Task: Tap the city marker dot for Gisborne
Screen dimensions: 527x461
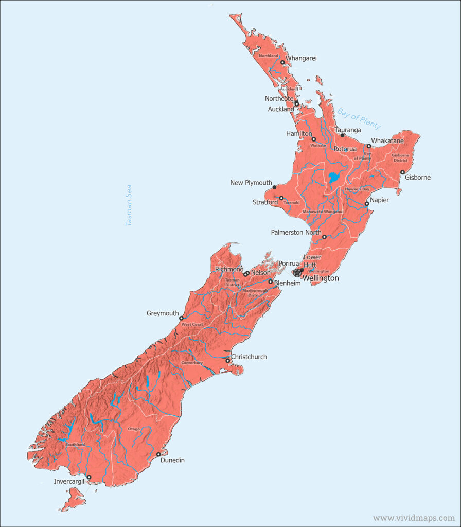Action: click(x=402, y=172)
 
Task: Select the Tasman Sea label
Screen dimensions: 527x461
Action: click(x=129, y=205)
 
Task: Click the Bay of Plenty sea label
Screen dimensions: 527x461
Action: click(x=359, y=118)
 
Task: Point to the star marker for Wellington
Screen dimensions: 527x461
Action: click(x=297, y=273)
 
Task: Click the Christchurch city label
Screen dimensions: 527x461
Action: click(x=249, y=357)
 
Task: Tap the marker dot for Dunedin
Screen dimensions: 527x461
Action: click(x=158, y=454)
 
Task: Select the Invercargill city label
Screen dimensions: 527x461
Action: click(x=69, y=482)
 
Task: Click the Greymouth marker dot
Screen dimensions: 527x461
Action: click(x=181, y=318)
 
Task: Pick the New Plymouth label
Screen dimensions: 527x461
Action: click(x=251, y=183)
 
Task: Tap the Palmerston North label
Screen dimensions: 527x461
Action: click(x=296, y=233)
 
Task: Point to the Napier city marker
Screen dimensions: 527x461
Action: click(x=367, y=204)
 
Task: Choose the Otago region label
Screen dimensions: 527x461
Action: click(x=133, y=429)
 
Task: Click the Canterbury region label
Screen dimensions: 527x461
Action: click(x=192, y=363)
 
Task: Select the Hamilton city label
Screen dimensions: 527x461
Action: click(x=299, y=134)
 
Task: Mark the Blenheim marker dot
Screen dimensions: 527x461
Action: click(x=270, y=282)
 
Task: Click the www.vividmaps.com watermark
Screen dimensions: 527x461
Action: click(x=414, y=518)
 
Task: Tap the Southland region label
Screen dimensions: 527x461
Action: click(x=75, y=444)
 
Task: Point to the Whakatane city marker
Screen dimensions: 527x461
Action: click(x=369, y=146)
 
